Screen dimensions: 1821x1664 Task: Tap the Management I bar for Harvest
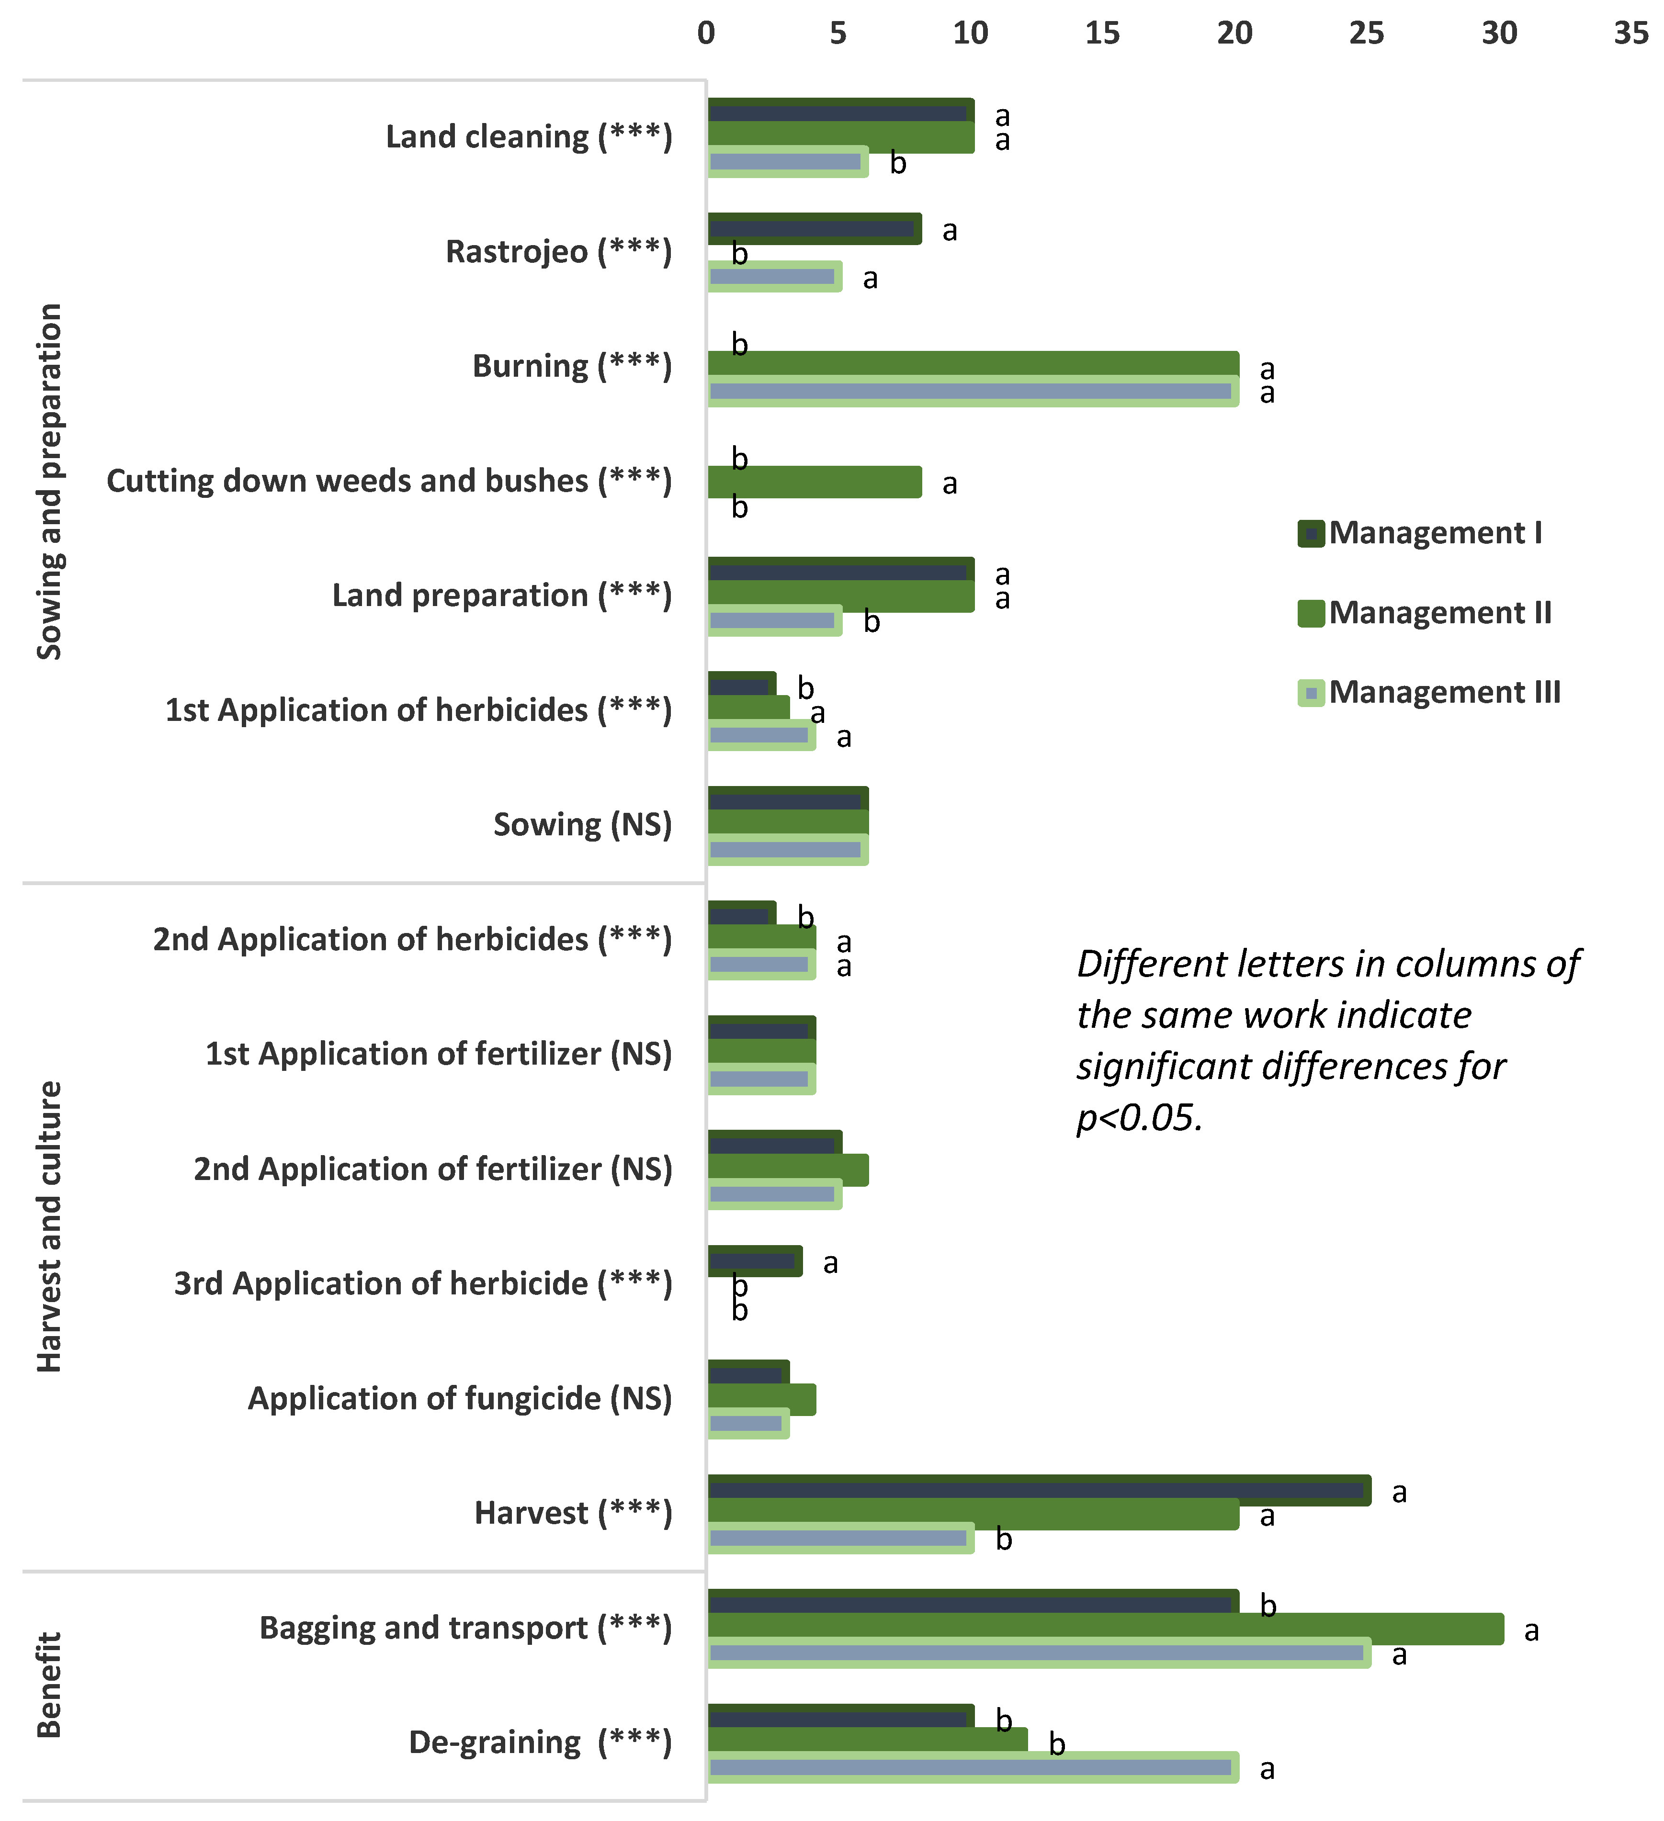point(1039,1490)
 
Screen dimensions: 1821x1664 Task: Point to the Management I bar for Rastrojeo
point(814,228)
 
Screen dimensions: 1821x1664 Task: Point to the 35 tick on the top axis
point(1630,34)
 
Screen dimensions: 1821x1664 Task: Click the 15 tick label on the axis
point(1102,34)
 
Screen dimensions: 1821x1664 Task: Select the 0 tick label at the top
point(706,34)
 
